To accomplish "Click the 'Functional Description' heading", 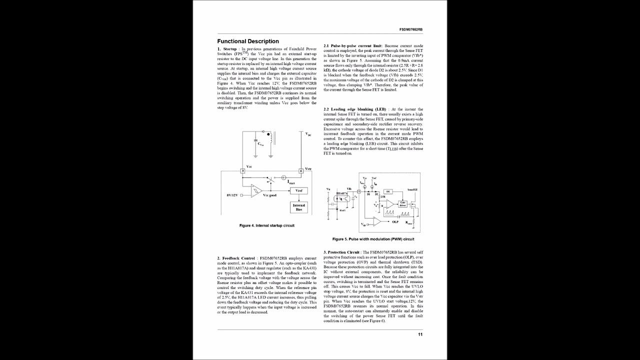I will (248, 41).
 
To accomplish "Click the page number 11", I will (420, 334).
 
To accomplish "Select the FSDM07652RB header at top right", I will (411, 30).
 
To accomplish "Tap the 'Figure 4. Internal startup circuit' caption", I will (266, 225).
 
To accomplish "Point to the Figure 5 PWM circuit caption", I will (373, 239).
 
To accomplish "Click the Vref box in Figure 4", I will (298, 190).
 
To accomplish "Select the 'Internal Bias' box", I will (298, 207).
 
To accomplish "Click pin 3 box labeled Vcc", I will (243, 171).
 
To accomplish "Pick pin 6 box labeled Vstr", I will (301, 171).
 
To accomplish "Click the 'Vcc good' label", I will (269, 195).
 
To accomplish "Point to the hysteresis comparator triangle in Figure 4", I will (256, 190).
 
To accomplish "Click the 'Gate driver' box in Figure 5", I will (402, 204).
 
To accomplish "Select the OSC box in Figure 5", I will (388, 191).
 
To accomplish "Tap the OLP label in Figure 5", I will (395, 221).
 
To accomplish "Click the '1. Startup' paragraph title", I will (227, 49).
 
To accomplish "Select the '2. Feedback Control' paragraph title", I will (236, 257).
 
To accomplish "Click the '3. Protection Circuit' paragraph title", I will (341, 252).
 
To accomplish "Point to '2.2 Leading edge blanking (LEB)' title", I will (355, 109).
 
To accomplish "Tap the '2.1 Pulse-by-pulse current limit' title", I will (353, 45).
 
